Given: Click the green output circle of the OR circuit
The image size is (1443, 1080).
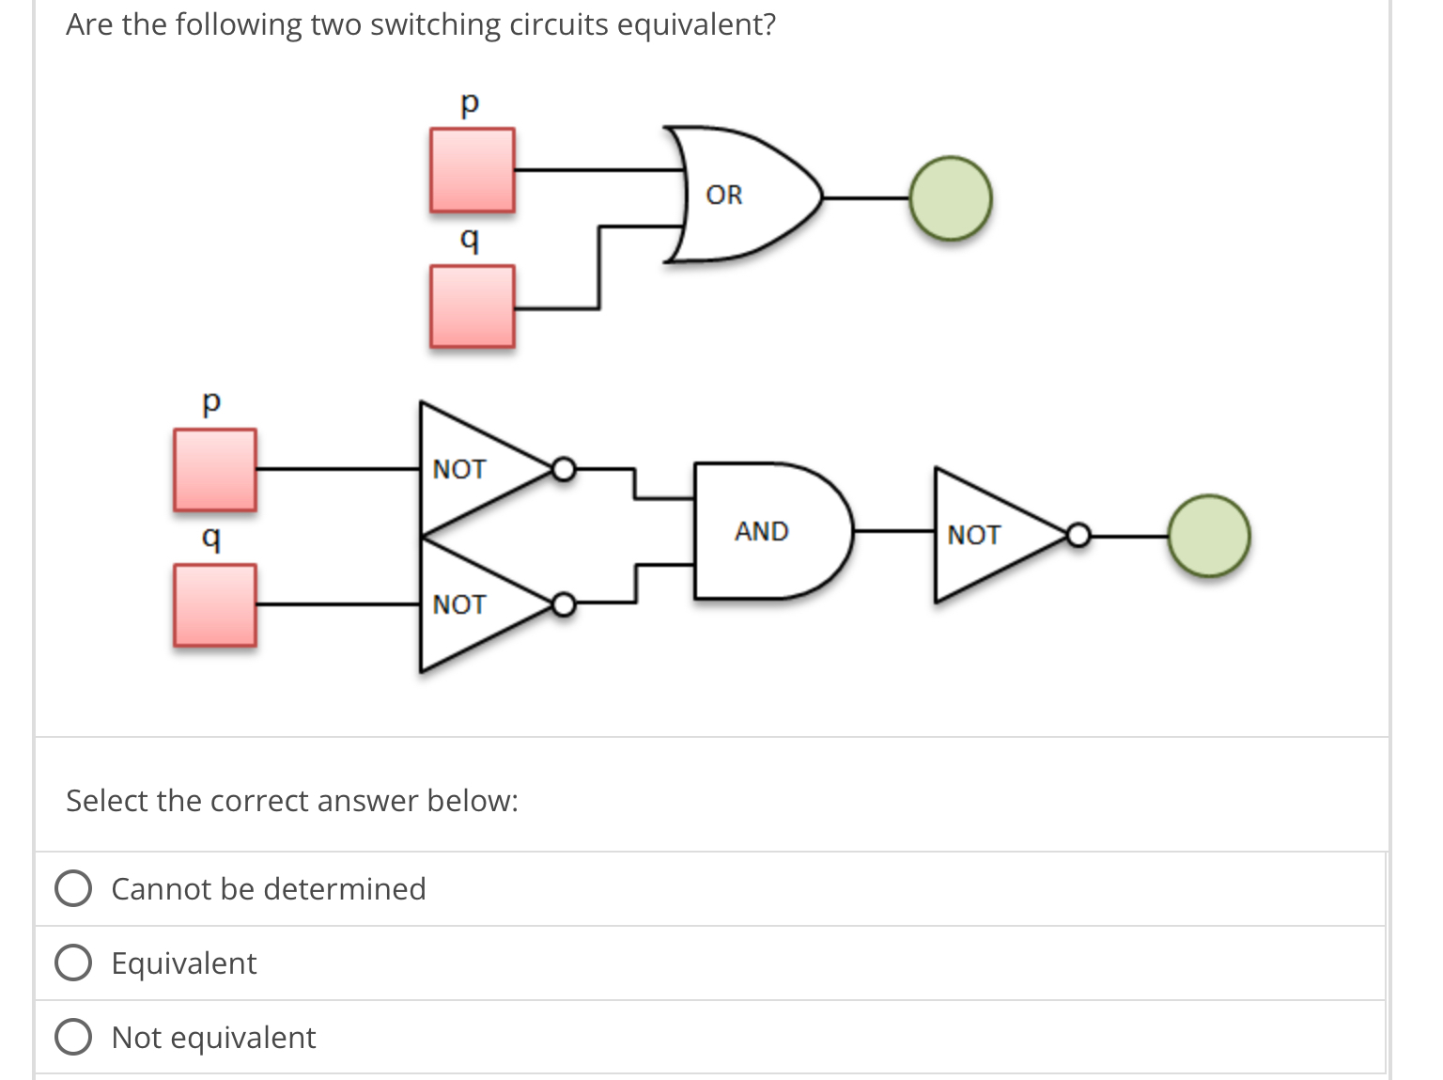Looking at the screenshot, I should tap(950, 198).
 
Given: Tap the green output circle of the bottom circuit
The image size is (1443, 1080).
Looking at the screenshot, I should tap(1208, 536).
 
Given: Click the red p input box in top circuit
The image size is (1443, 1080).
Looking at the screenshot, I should tap(472, 170).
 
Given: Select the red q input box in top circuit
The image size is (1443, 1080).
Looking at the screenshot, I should tap(472, 306).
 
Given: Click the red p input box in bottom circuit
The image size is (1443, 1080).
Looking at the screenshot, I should tap(214, 470).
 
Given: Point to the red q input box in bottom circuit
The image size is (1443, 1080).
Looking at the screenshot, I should tap(214, 605).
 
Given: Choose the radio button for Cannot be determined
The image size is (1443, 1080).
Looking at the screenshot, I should tap(73, 888).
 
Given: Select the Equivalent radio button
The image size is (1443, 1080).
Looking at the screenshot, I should tap(73, 963).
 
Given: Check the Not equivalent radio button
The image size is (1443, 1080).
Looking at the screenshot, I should tap(73, 1037).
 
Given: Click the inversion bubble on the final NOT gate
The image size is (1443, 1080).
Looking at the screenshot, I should tap(1078, 536).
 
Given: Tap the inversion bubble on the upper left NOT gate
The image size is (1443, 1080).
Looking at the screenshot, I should tap(563, 468).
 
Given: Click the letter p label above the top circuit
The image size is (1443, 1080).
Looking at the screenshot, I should tap(470, 102).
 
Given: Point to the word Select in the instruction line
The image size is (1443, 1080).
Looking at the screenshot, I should tap(107, 801).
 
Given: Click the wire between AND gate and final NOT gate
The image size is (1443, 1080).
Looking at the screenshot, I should tap(892, 531).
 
